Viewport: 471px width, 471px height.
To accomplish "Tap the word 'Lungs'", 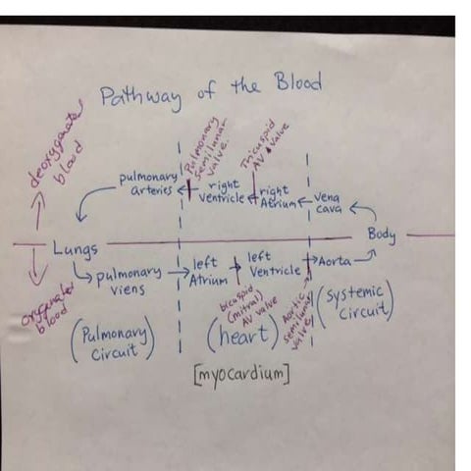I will point(76,249).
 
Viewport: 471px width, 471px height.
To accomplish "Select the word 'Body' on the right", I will point(382,235).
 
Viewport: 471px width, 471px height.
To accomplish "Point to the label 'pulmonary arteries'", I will point(146,183).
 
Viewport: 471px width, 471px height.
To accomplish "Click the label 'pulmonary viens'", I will point(129,284).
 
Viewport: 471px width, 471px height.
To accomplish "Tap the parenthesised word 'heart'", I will point(241,338).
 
